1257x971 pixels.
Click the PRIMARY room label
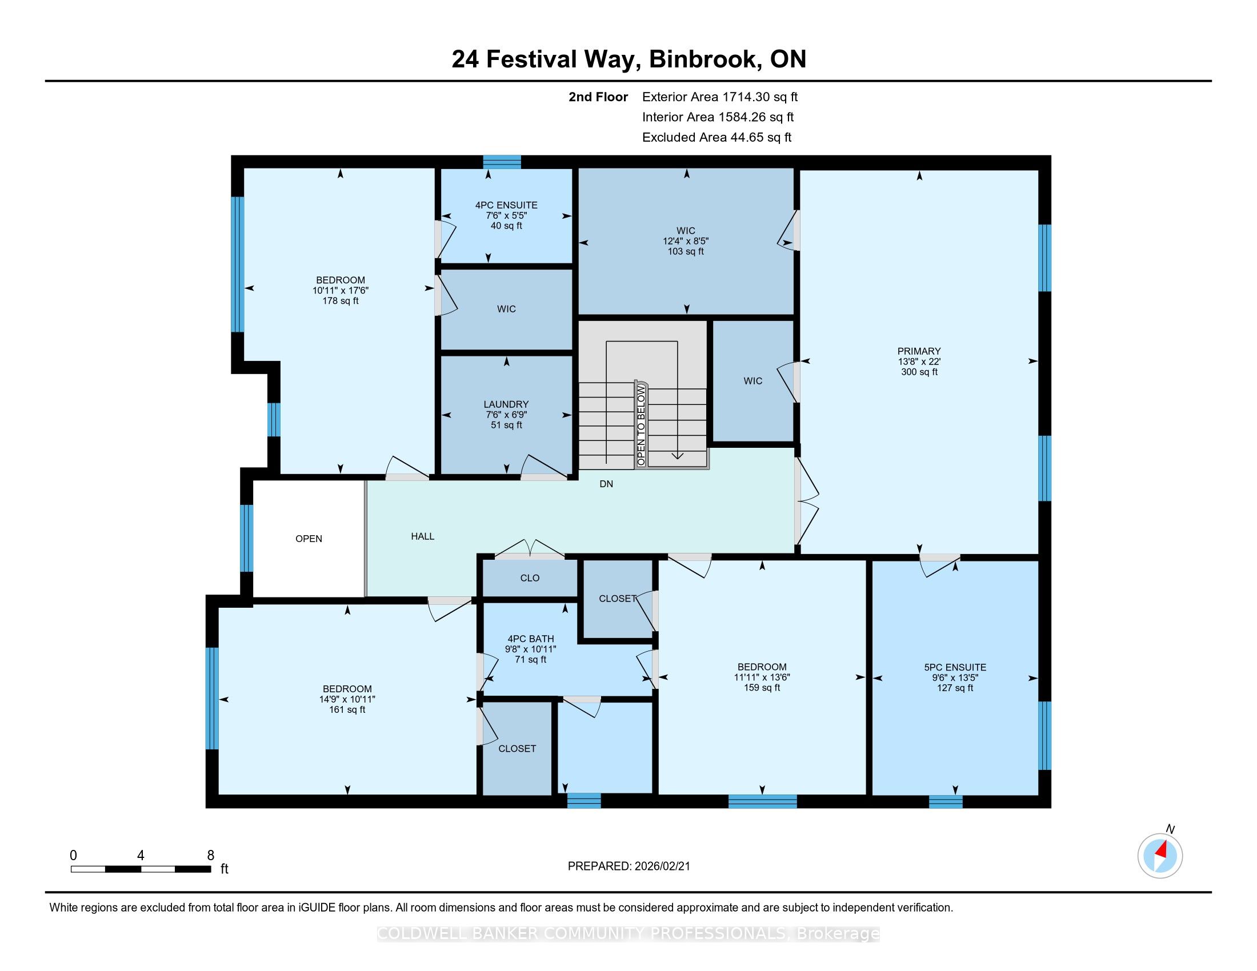pyautogui.click(x=919, y=351)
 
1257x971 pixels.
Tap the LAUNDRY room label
pyautogui.click(x=506, y=404)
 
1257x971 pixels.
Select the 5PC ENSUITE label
pyautogui.click(x=955, y=667)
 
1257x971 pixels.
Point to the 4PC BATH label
pyautogui.click(x=531, y=639)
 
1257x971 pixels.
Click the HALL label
pyautogui.click(x=422, y=536)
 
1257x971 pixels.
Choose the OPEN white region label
pyautogui.click(x=309, y=539)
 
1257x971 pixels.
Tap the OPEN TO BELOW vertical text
pyautogui.click(x=641, y=425)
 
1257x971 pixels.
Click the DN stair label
pyautogui.click(x=606, y=484)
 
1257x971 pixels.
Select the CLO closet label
pyautogui.click(x=530, y=578)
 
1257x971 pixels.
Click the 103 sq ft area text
pyautogui.click(x=686, y=251)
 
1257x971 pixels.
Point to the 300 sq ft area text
pyautogui.click(x=919, y=372)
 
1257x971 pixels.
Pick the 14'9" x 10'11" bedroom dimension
pyautogui.click(x=347, y=699)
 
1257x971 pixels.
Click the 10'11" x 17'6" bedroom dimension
pyautogui.click(x=340, y=291)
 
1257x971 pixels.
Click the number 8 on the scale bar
pyautogui.click(x=211, y=855)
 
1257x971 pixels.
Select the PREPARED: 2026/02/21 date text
pyautogui.click(x=628, y=866)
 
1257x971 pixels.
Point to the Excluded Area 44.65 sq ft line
pyautogui.click(x=716, y=138)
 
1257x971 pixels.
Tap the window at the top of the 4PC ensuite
pyautogui.click(x=502, y=162)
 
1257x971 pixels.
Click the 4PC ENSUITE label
pyautogui.click(x=506, y=205)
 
